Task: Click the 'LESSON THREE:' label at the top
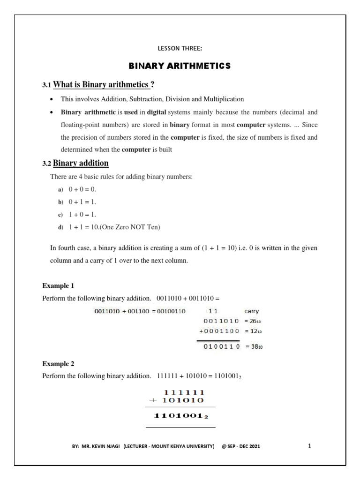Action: click(x=180, y=47)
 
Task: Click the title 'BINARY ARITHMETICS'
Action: click(x=180, y=66)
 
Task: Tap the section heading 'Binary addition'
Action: click(x=81, y=163)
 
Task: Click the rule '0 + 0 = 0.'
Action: click(x=82, y=189)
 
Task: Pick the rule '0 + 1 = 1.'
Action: click(x=82, y=202)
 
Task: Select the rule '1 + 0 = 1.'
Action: click(x=82, y=214)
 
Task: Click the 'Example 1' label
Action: click(x=58, y=285)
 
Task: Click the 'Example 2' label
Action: click(x=58, y=363)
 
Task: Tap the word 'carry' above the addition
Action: click(x=251, y=310)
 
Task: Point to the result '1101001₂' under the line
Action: click(x=180, y=416)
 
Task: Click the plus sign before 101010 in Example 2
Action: click(x=151, y=400)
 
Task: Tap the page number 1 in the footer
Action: click(x=309, y=446)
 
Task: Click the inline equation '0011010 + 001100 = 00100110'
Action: click(x=140, y=310)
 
